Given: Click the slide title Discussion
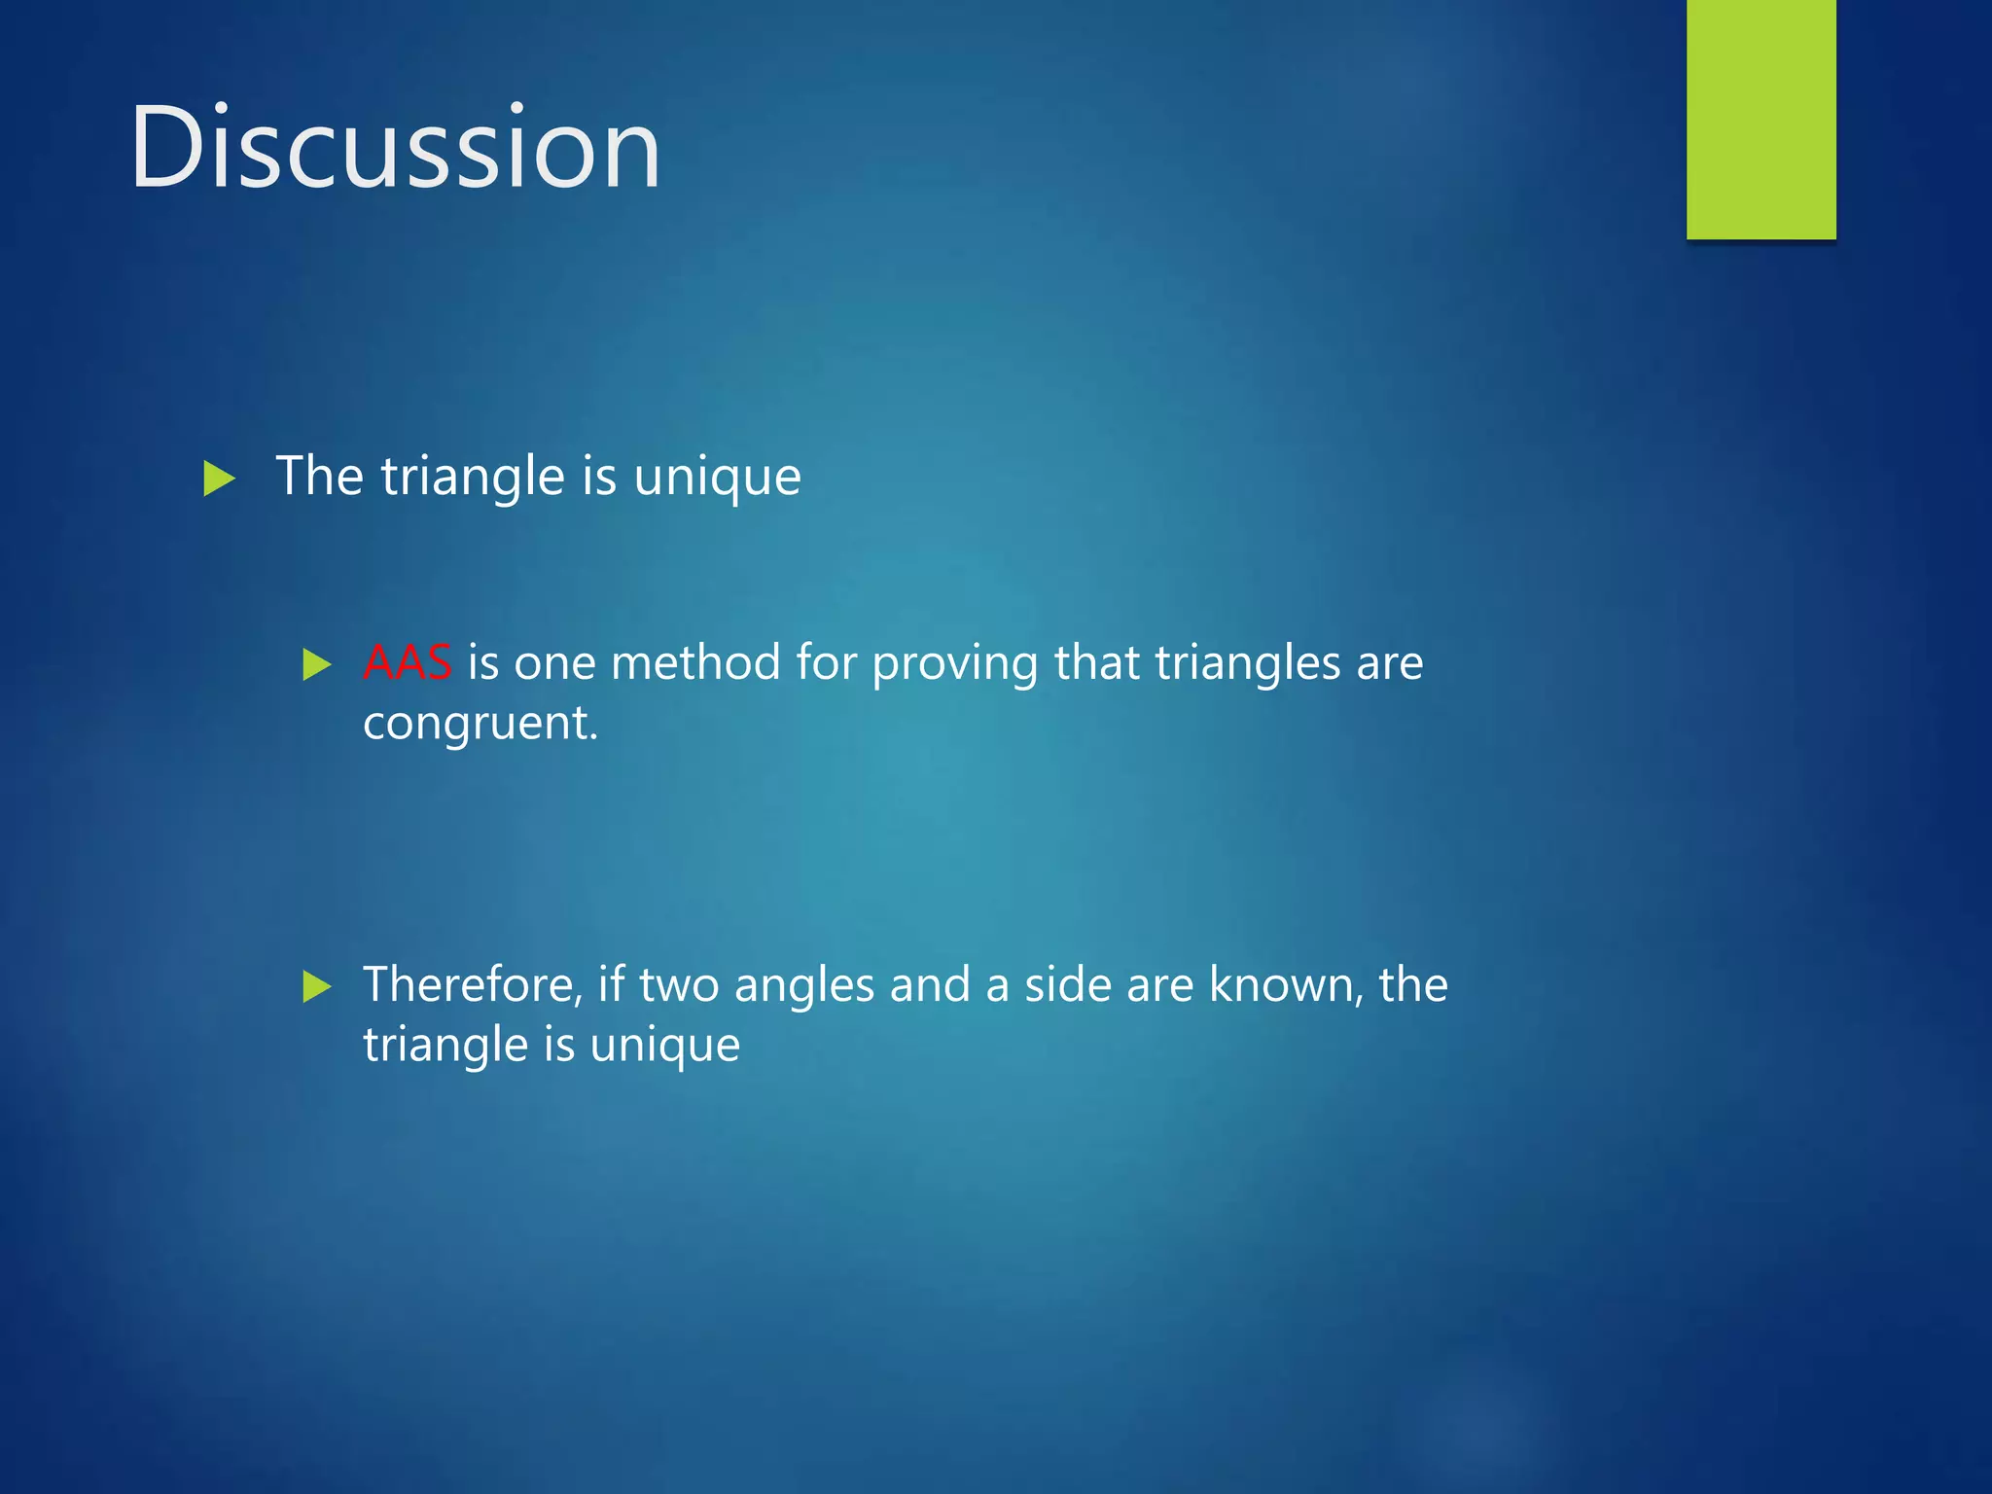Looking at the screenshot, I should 395,148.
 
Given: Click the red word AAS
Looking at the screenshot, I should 407,663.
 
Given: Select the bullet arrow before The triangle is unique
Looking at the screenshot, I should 219,479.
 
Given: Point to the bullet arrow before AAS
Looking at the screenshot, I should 317,665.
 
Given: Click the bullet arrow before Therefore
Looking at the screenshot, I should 317,986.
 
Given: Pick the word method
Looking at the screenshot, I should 695,663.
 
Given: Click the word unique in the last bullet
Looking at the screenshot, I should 664,1047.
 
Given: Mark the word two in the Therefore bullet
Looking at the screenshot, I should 679,984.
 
